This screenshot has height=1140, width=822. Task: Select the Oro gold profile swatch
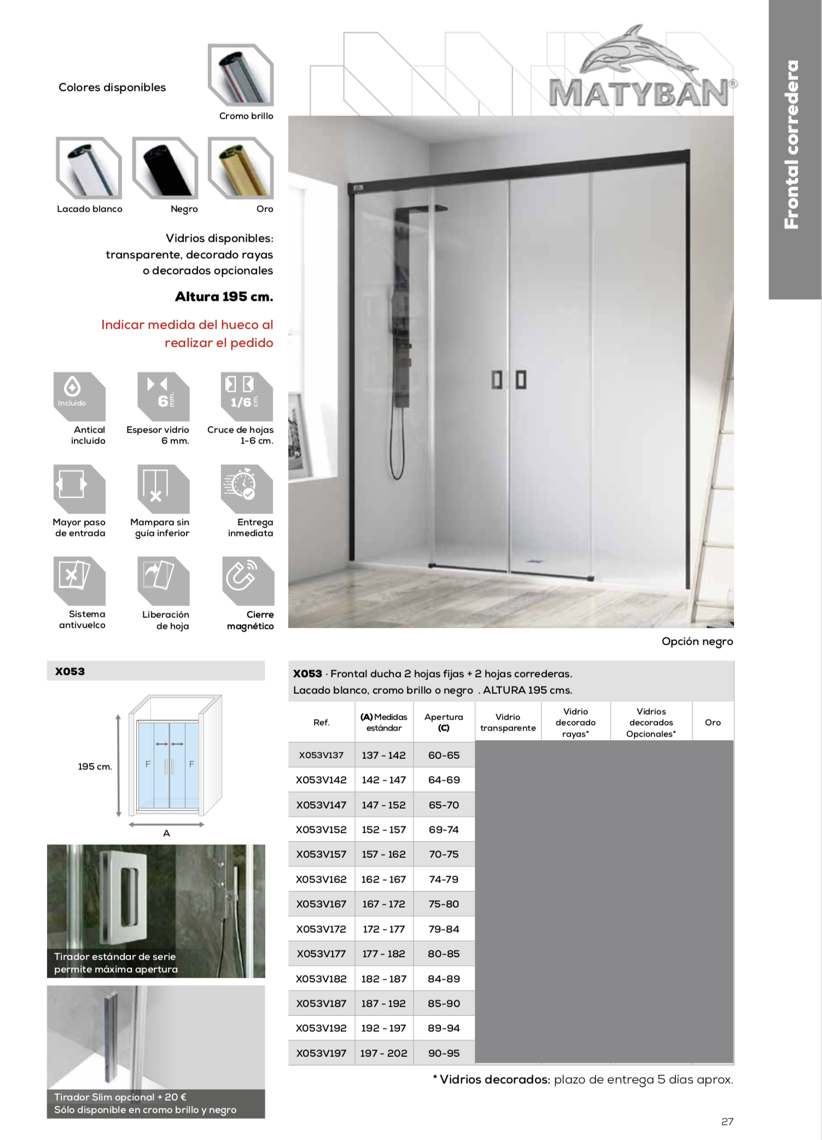[241, 168]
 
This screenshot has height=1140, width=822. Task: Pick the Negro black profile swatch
[165, 168]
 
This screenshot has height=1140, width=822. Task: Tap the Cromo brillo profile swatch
[241, 75]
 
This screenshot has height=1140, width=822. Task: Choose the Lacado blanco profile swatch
[89, 168]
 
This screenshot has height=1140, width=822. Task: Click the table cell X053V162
[321, 879]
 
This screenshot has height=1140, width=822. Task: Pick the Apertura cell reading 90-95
[444, 1053]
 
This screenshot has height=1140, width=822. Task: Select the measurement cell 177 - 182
[383, 954]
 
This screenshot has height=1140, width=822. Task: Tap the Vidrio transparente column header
[508, 722]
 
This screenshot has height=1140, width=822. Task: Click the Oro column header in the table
[713, 722]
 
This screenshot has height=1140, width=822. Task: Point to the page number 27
[727, 1121]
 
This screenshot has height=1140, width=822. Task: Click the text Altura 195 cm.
[224, 297]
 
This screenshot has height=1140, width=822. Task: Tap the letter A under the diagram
[166, 833]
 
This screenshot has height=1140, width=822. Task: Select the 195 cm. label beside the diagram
[95, 767]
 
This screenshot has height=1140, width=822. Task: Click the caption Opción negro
[697, 641]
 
